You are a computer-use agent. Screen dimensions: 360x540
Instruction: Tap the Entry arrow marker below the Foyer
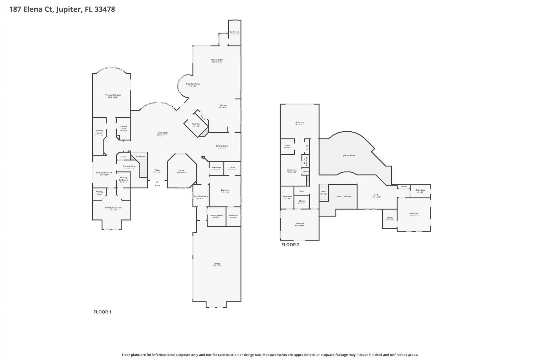(x=157, y=182)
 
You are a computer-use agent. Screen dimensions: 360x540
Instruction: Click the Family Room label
(x=217, y=60)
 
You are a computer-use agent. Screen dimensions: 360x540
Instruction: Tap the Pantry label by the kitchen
(x=203, y=117)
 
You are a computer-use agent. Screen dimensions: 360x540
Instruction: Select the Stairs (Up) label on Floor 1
(x=140, y=156)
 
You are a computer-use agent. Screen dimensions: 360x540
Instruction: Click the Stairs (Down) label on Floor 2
(x=324, y=192)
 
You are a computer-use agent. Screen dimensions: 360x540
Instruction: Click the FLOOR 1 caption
(x=102, y=312)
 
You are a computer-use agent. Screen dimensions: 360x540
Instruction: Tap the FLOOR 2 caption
(x=290, y=245)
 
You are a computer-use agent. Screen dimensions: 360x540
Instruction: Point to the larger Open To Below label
(x=348, y=156)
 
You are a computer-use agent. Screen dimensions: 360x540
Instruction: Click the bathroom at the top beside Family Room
(x=235, y=33)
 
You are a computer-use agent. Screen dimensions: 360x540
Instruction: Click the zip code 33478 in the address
(x=105, y=9)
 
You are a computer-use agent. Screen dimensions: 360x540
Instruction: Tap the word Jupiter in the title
(x=69, y=9)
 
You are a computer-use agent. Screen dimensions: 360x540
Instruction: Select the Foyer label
(x=157, y=170)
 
